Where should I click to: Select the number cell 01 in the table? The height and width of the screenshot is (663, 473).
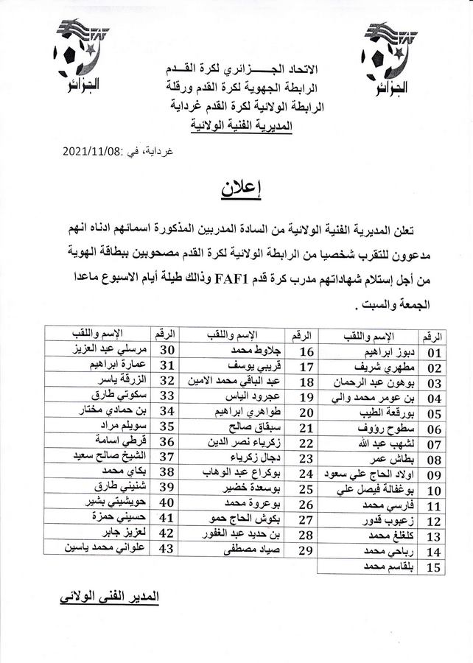click(432, 353)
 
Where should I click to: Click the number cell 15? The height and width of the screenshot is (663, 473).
click(433, 568)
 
